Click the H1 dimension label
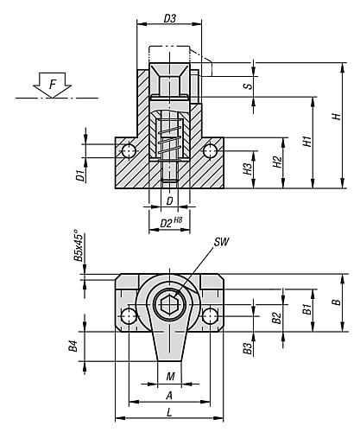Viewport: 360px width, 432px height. click(x=305, y=141)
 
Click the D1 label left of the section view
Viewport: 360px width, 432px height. click(x=79, y=176)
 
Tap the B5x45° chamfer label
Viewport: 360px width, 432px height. click(x=77, y=246)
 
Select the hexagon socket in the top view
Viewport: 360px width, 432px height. click(x=169, y=306)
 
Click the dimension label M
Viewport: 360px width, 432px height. click(x=170, y=376)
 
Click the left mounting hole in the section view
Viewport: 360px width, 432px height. click(x=129, y=151)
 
